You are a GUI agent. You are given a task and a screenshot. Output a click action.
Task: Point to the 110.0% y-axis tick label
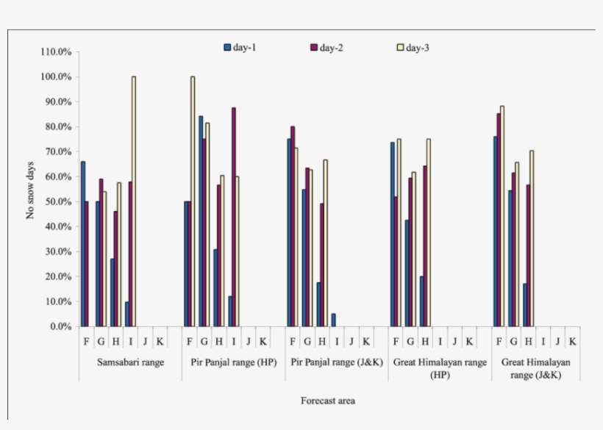pyautogui.click(x=56, y=52)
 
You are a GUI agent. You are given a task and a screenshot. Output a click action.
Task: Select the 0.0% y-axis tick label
pyautogui.click(x=60, y=326)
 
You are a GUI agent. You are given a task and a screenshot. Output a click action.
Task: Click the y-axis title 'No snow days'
pyautogui.click(x=31, y=190)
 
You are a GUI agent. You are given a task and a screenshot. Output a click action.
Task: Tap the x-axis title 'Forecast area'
pyautogui.click(x=328, y=401)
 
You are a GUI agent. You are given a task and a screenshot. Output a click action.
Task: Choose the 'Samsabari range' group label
pyautogui.click(x=130, y=362)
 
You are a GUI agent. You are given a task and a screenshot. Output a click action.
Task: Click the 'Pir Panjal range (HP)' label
pyautogui.click(x=233, y=362)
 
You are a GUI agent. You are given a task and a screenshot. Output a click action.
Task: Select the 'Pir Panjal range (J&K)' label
pyautogui.click(x=337, y=362)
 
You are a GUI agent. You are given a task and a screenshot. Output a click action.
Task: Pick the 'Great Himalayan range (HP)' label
pyautogui.click(x=440, y=368)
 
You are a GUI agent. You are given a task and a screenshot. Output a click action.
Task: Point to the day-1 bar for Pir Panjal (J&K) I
pyautogui.click(x=333, y=320)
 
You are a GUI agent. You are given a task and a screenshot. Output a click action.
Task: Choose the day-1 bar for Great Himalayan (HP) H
pyautogui.click(x=421, y=301)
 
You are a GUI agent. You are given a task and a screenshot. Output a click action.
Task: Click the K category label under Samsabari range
pyautogui.click(x=160, y=341)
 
